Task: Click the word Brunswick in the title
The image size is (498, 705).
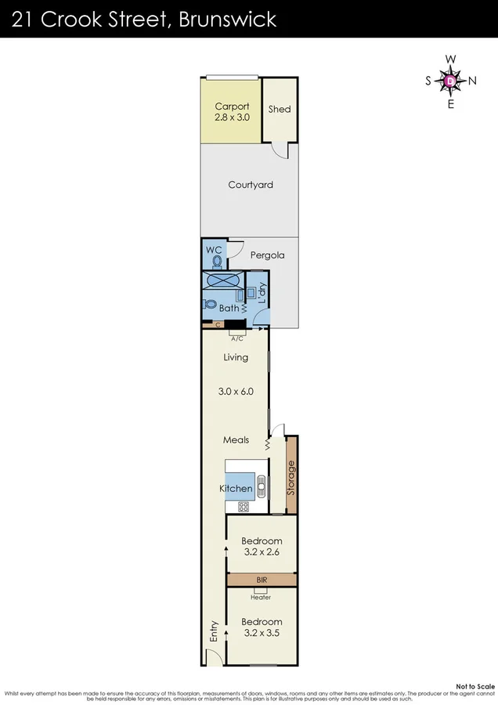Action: tap(228, 19)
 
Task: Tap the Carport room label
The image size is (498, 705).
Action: tap(232, 107)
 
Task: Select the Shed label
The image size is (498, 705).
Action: tap(280, 109)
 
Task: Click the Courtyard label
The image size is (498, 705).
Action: tap(251, 185)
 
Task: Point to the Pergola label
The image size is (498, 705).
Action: tap(267, 255)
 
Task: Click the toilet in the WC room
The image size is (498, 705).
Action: tap(216, 262)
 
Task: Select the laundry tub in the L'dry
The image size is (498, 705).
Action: tap(251, 293)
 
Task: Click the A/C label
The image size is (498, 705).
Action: tap(236, 338)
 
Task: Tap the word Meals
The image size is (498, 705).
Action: tap(236, 440)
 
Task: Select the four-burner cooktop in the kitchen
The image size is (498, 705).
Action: tap(244, 507)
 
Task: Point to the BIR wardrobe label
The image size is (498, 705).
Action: tap(261, 580)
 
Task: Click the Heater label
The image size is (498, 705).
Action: tap(261, 597)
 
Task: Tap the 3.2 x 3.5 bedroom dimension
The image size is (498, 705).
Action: tap(262, 632)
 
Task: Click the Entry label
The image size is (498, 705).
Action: tap(212, 632)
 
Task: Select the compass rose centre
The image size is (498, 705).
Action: tap(450, 81)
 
